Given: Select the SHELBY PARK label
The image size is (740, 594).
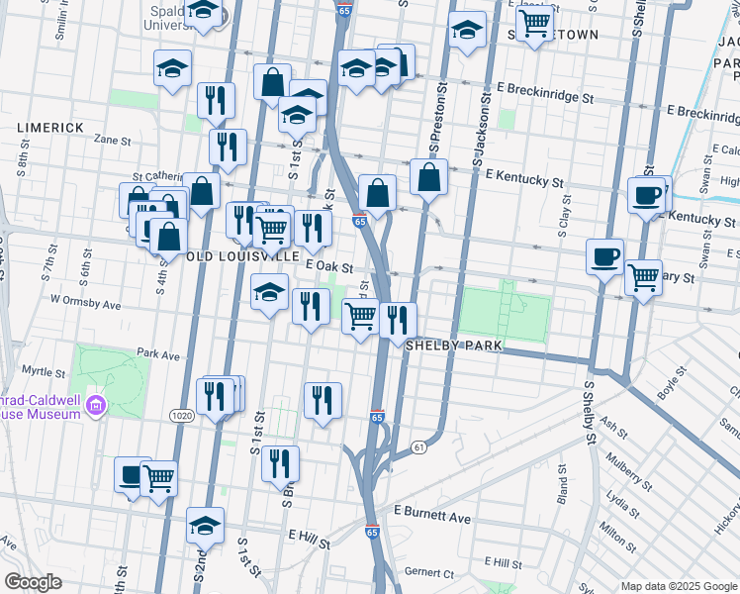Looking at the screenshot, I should [x=455, y=346].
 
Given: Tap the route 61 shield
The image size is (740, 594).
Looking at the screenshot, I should [x=419, y=448].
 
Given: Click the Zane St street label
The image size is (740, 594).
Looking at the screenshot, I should [x=112, y=141].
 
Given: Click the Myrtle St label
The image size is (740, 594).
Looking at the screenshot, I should [x=43, y=372].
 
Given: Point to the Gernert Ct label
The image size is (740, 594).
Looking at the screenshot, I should [x=429, y=573].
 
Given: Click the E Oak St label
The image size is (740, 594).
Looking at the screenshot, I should [x=329, y=266].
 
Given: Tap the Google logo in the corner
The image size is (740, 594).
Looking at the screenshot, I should [x=33, y=582].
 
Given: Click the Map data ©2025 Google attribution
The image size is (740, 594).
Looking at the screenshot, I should [x=678, y=586].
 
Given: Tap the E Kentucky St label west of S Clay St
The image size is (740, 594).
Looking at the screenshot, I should [x=524, y=177].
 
